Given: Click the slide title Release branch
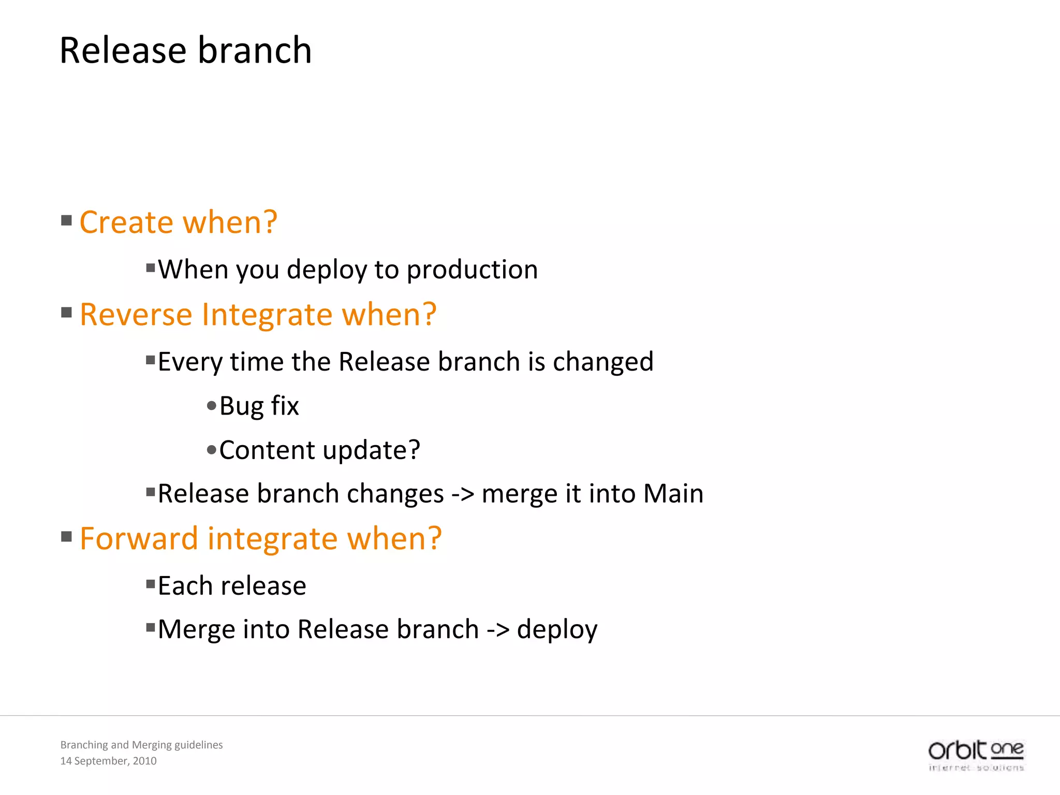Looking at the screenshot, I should point(185,51).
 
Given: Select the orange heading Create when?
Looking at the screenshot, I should point(179,223).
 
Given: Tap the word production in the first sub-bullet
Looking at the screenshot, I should point(472,270).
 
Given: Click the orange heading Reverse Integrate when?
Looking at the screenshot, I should point(258,315).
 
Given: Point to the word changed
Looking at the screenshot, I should point(603,362).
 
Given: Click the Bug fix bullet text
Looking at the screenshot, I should point(259,406).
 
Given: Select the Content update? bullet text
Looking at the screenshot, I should point(319,450).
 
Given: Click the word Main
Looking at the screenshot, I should point(673,494).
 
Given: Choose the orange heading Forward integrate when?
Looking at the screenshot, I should point(260,539).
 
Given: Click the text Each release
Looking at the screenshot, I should point(232,586).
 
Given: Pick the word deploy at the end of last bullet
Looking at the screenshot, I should point(557,630).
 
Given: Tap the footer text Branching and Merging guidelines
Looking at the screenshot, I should point(141,745).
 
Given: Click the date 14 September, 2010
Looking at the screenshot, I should point(108,761).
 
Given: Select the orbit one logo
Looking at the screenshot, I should point(976,755).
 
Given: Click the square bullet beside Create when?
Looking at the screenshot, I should point(66,221).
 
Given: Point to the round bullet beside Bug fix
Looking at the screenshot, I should point(211,406).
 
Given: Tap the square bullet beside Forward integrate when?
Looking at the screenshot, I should point(66,536).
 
